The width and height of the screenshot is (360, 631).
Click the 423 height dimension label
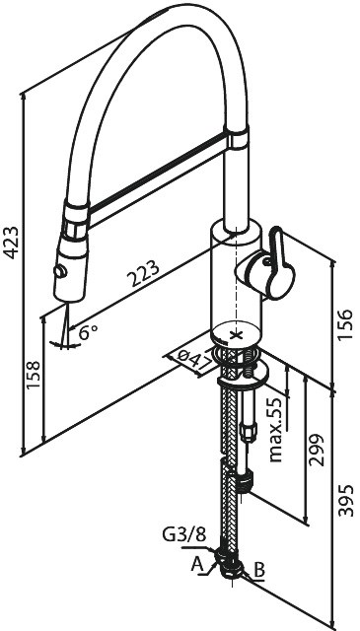(11, 243)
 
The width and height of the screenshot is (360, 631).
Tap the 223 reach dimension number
(143, 273)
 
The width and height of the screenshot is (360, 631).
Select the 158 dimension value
(34, 375)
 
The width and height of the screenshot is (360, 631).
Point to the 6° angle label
(88, 332)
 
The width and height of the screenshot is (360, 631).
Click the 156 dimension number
(344, 324)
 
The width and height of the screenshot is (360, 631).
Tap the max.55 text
(276, 430)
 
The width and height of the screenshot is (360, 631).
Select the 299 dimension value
(316, 450)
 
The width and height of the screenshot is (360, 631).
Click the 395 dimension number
(346, 501)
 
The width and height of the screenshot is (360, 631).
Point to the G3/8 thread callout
(184, 534)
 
